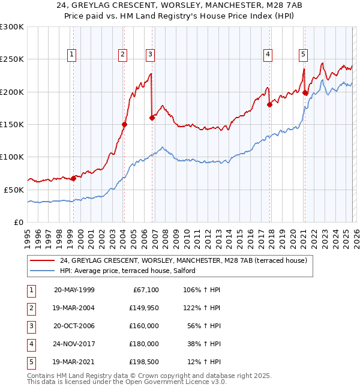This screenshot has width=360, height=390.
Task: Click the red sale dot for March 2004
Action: tap(125, 125)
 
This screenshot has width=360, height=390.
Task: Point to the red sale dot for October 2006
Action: tap(152, 118)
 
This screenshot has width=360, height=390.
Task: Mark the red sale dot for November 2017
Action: tap(269, 105)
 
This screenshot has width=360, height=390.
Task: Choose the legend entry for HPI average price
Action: tap(127, 271)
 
